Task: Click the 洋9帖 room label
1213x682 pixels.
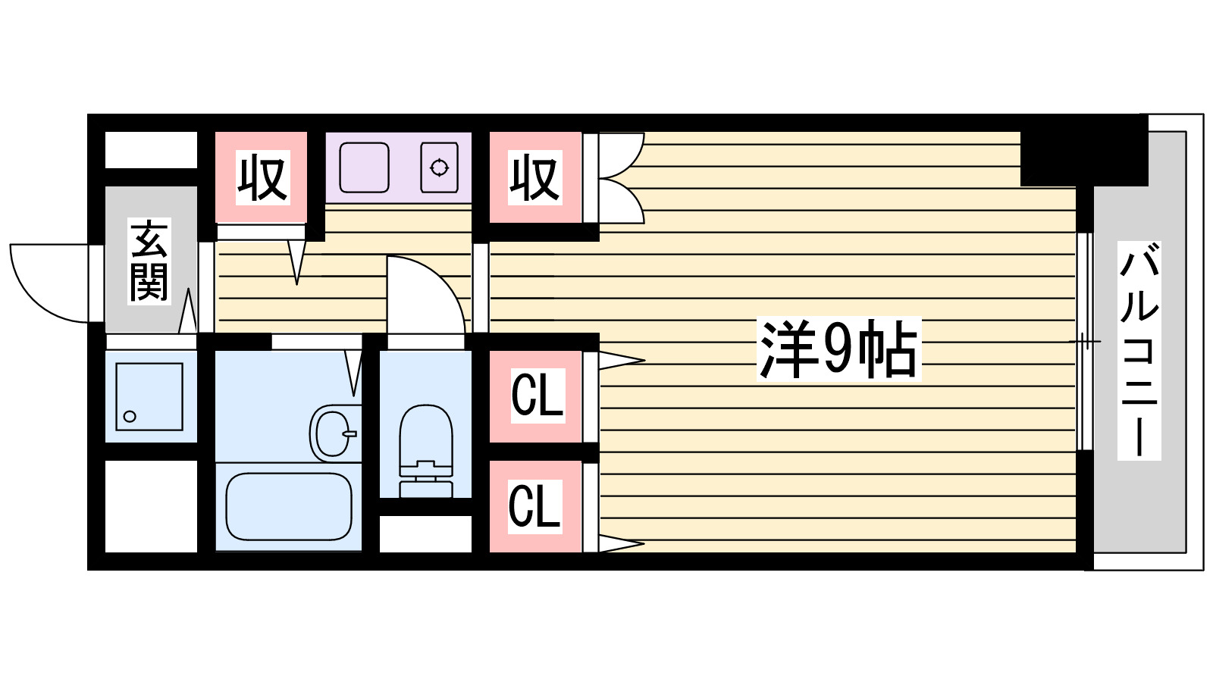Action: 838,349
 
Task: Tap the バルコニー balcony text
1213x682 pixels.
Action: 1139,350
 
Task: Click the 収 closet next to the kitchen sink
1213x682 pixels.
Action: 262,177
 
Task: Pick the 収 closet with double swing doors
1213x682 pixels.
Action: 534,177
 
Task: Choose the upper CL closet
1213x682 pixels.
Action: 537,395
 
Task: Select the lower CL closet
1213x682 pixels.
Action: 535,505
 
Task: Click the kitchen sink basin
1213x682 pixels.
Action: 364,167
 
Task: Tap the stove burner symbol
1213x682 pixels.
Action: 439,167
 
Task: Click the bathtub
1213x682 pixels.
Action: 289,506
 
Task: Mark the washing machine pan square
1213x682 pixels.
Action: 149,396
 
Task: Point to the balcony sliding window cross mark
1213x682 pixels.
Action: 1085,342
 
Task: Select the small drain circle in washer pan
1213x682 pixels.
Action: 130,416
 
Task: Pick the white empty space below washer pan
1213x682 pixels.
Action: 150,505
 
